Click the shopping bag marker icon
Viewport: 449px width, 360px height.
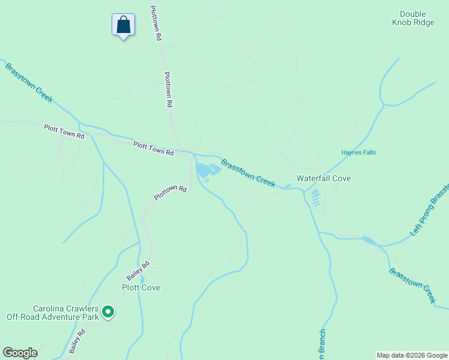point(123,26)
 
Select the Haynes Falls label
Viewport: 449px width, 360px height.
point(358,152)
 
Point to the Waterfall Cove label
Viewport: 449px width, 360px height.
point(324,178)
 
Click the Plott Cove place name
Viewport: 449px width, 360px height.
point(141,287)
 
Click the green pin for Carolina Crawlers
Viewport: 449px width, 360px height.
point(108,311)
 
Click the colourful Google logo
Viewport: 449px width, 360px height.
point(20,353)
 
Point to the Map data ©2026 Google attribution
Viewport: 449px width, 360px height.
point(412,355)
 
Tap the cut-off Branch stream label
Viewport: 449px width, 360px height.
point(322,345)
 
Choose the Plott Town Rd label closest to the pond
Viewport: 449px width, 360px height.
point(153,148)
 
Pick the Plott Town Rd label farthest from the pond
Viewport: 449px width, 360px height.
point(64,131)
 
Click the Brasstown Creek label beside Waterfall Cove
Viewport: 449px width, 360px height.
point(248,173)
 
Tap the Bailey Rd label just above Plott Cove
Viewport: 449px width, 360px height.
point(137,271)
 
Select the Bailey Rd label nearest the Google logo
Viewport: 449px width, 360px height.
point(78,341)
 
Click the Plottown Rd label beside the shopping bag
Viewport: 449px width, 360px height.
point(155,23)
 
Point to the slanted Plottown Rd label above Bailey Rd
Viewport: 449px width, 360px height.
point(170,192)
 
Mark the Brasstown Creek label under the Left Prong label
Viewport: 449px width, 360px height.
point(412,284)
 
